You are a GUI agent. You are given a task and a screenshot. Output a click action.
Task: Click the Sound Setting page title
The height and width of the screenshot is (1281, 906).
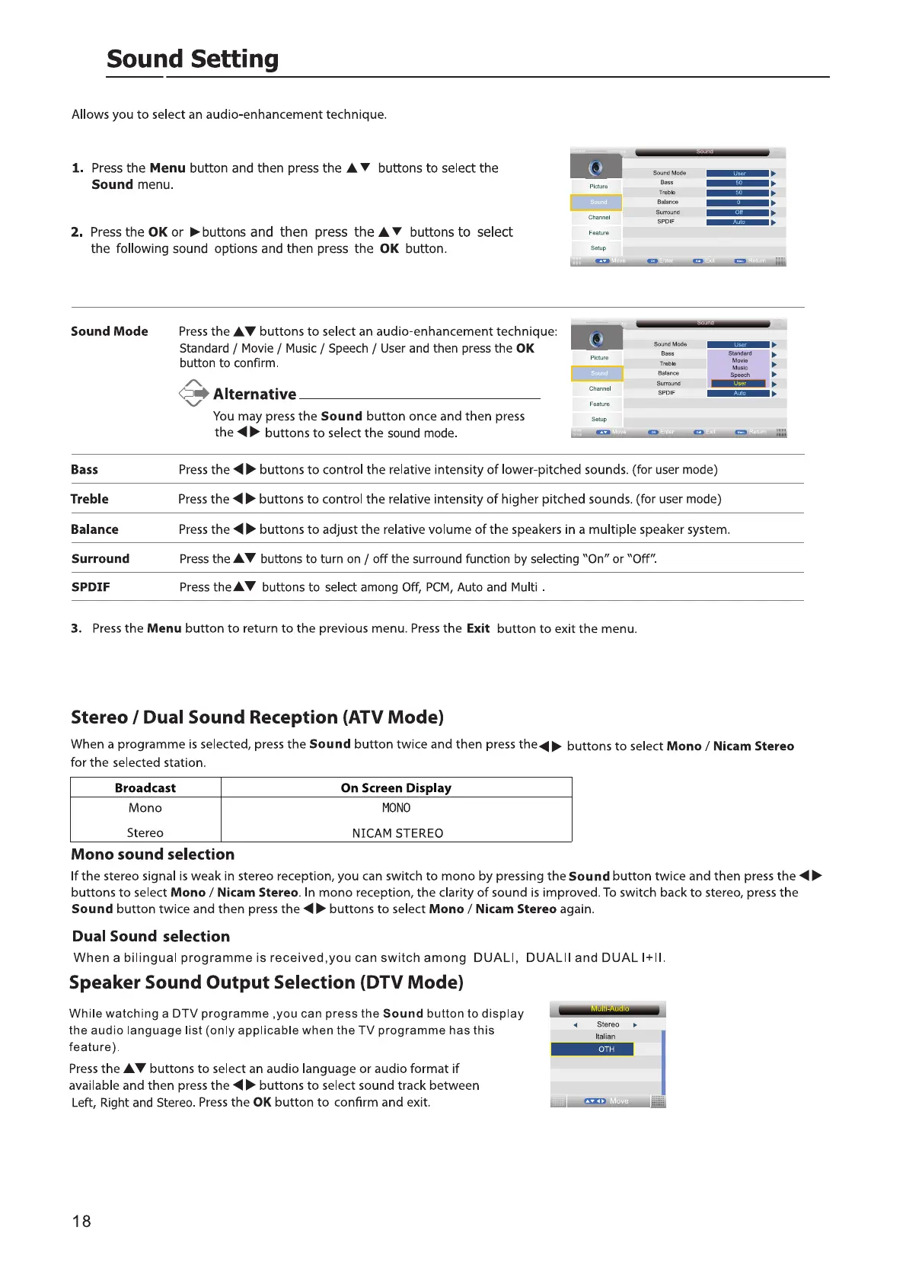point(193,59)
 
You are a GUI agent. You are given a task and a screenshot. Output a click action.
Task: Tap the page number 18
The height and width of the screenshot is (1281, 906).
point(81,1222)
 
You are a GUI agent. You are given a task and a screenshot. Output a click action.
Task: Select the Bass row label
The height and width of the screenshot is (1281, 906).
point(85,470)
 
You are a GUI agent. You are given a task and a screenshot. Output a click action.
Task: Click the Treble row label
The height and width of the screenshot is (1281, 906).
point(90,500)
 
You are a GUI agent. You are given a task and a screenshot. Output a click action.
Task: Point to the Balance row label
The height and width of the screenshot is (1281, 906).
point(94,529)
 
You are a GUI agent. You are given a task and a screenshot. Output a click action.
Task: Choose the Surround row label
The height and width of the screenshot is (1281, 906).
point(100,559)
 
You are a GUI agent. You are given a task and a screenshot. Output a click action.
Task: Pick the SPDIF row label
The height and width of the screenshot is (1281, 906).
point(91,587)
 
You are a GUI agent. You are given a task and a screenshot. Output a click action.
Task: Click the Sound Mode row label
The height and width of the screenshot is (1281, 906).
point(110,331)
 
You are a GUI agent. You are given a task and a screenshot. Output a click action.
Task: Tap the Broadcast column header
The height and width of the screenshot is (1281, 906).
point(145,788)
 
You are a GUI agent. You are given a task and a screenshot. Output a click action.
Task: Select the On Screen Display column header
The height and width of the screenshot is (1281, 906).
point(396,788)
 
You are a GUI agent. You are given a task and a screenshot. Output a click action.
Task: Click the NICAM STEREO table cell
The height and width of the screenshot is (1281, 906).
point(397,833)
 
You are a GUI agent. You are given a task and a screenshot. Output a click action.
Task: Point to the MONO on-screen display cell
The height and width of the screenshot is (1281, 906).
point(396,808)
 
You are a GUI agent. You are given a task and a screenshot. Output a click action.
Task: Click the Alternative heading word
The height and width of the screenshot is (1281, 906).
point(254,395)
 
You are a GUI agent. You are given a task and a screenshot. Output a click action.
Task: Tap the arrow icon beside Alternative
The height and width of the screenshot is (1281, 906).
point(193,393)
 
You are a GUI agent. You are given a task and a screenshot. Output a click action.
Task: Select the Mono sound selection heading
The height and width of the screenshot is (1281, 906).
point(152,855)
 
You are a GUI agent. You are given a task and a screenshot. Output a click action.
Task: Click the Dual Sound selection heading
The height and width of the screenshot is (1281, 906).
point(151,937)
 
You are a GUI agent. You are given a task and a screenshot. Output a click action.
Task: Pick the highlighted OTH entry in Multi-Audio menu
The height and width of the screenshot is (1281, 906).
point(606,1049)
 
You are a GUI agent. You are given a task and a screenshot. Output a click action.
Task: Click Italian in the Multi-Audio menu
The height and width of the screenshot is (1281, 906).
point(605,1037)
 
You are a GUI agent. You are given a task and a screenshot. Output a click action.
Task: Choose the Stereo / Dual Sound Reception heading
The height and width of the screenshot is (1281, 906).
point(257,717)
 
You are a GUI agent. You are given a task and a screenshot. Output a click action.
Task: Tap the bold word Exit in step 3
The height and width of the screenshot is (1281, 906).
point(478,629)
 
